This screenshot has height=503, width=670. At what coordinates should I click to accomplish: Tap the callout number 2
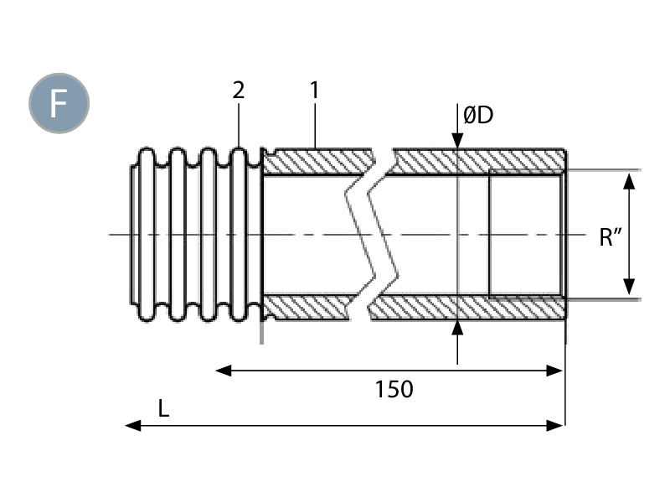[x=239, y=91]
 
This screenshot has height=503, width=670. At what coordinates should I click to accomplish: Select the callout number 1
[x=313, y=91]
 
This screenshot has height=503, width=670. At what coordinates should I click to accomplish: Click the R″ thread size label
[x=609, y=237]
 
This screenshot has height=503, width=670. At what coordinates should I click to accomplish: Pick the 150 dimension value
[x=394, y=389]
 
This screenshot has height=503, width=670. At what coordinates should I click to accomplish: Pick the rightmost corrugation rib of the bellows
[x=240, y=235]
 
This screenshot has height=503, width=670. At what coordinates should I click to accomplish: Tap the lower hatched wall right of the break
[x=469, y=309]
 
